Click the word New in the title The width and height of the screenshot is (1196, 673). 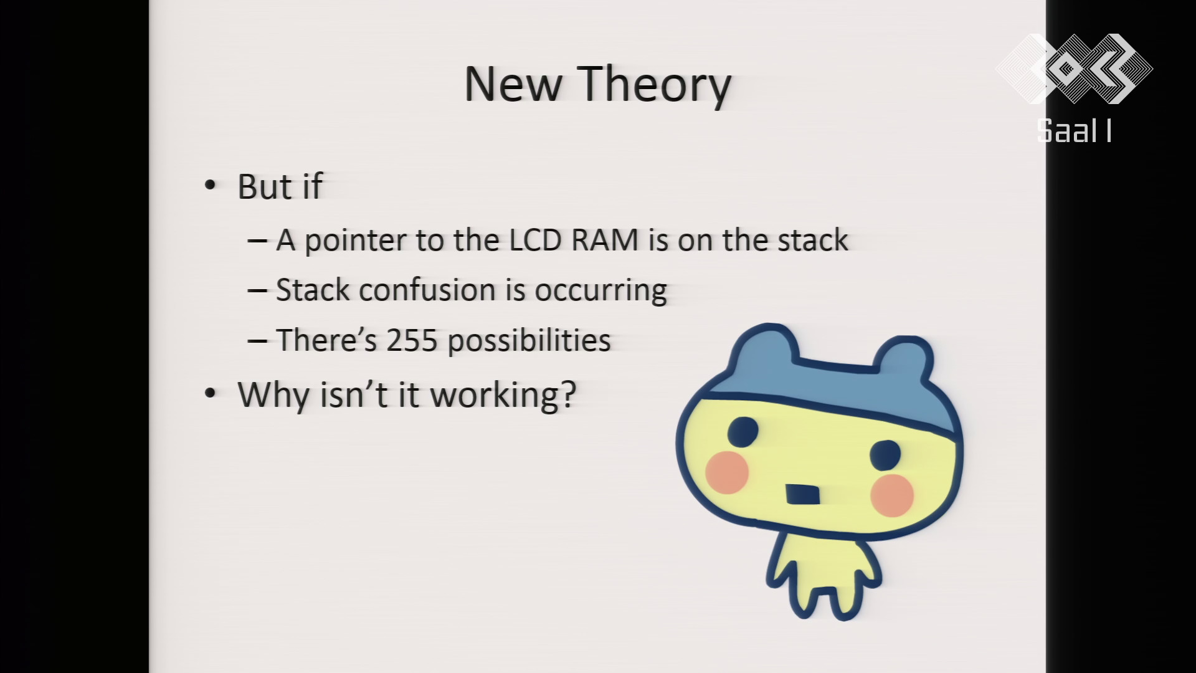coord(513,84)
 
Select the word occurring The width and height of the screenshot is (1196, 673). coord(600,292)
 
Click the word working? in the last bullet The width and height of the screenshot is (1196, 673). coord(503,396)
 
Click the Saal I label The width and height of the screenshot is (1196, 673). coord(1074,131)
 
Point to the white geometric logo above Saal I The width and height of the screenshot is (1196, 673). coord(1074,69)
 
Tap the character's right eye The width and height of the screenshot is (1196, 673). coord(885,454)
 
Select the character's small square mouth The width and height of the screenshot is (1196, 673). coord(802,494)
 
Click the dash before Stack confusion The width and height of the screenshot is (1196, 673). coord(257,290)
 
